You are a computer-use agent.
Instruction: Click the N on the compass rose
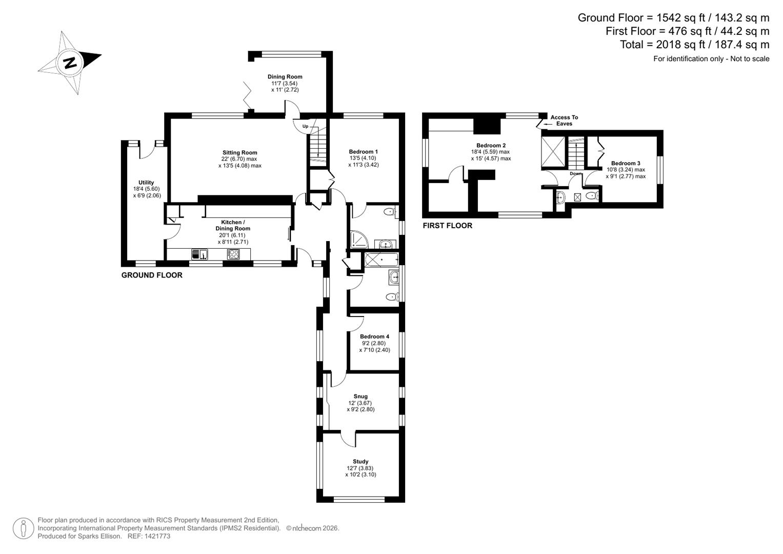point(70,63)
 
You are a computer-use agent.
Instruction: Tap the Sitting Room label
point(239,152)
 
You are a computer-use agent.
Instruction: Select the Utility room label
point(146,183)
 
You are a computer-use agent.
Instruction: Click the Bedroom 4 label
point(374,337)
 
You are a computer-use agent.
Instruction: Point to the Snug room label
point(360,396)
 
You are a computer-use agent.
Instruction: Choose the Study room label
point(360,461)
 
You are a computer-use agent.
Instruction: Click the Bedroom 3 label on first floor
point(626,163)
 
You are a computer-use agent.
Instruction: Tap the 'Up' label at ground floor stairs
point(305,126)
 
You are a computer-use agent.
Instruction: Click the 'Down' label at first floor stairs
point(575,173)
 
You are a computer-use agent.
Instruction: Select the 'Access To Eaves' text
point(564,121)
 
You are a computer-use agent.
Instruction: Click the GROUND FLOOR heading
point(152,275)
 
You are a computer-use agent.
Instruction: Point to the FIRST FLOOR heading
point(447,226)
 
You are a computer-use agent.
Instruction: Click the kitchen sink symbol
point(199,254)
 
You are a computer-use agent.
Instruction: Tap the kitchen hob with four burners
point(233,254)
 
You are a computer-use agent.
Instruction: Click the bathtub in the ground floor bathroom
point(381,260)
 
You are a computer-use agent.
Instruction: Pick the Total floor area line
point(694,45)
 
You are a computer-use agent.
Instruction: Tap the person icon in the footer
point(24,528)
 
